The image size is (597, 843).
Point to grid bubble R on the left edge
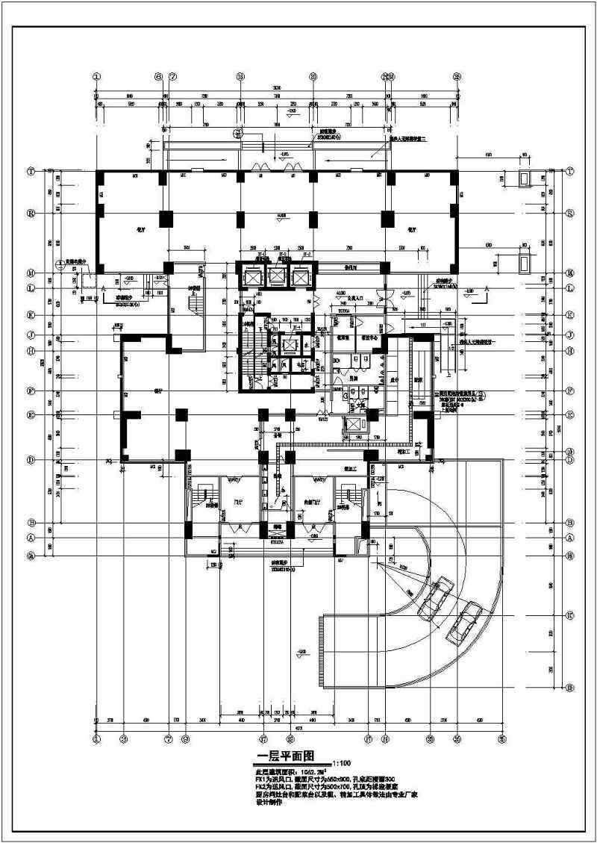point(31,213)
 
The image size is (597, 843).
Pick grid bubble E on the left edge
point(31,414)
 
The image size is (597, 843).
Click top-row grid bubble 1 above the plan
point(96,76)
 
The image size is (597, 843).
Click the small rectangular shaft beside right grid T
point(525,178)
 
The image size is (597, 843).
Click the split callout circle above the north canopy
point(238,135)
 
